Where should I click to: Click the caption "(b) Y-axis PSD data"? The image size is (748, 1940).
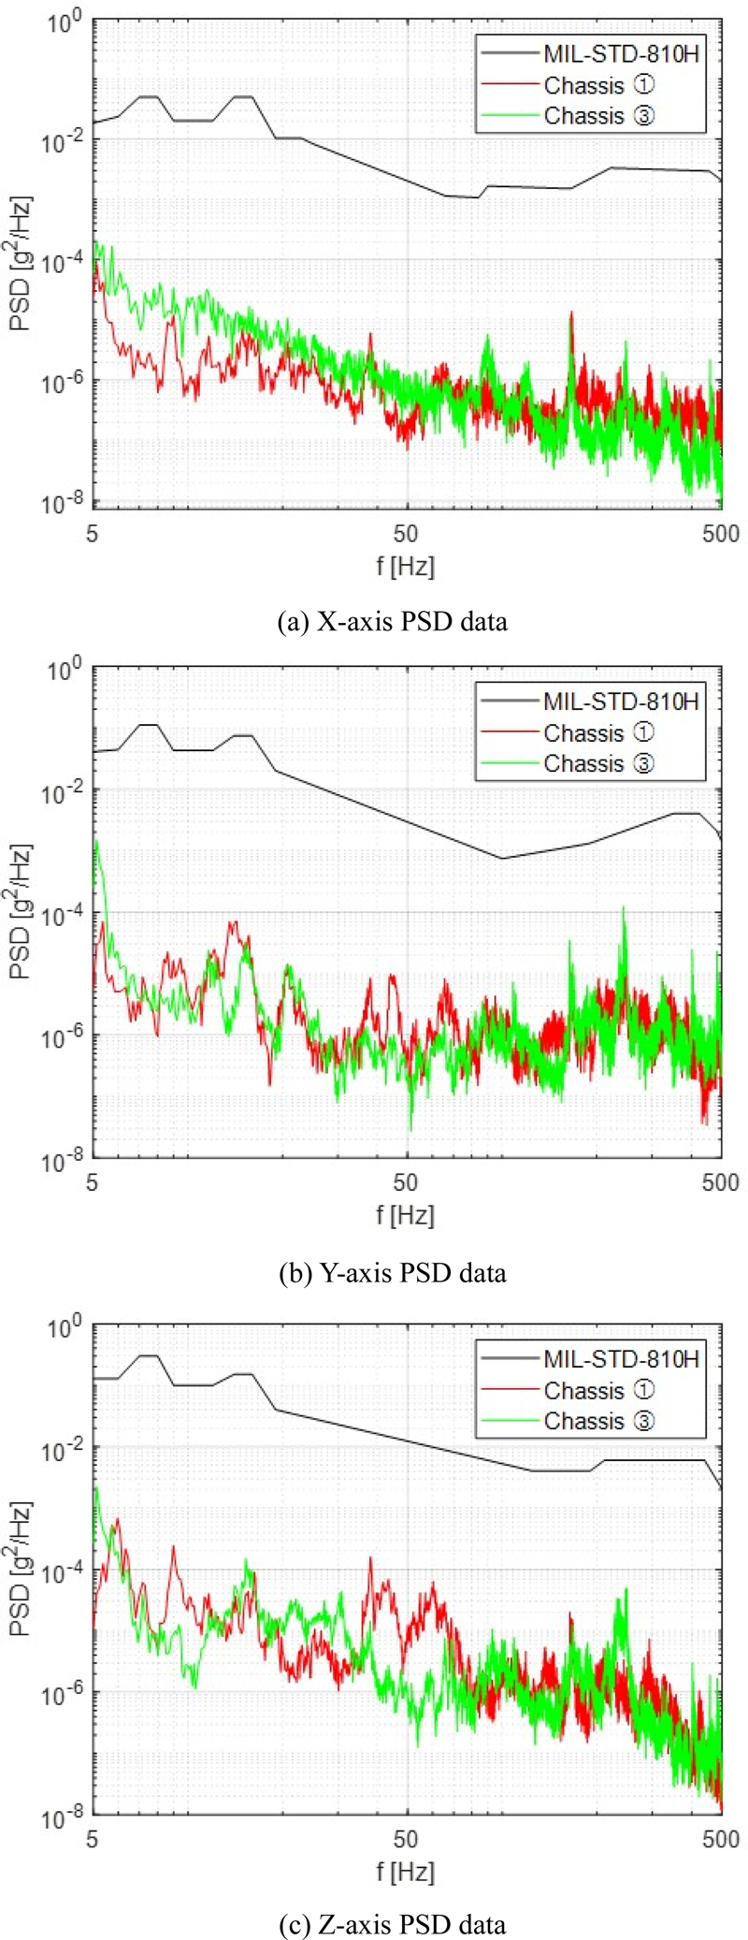point(393,1272)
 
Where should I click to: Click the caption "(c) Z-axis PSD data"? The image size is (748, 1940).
point(393,1923)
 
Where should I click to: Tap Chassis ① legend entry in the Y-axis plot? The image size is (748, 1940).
point(598,733)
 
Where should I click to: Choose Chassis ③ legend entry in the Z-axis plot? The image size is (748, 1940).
point(598,1420)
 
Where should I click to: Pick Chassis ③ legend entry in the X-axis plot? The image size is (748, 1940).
point(598,116)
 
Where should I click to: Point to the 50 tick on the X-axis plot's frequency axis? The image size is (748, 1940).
point(406,535)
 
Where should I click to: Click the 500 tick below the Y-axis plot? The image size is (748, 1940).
point(720,1182)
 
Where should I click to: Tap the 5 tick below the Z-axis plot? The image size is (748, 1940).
point(92,1839)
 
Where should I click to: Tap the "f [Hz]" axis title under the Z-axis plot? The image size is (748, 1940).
point(406,1871)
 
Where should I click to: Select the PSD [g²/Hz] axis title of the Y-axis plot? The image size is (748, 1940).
point(21,912)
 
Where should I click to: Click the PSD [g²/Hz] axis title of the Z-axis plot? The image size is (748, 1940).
point(21,1570)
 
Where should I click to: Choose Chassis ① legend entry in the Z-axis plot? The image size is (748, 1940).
point(598,1390)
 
